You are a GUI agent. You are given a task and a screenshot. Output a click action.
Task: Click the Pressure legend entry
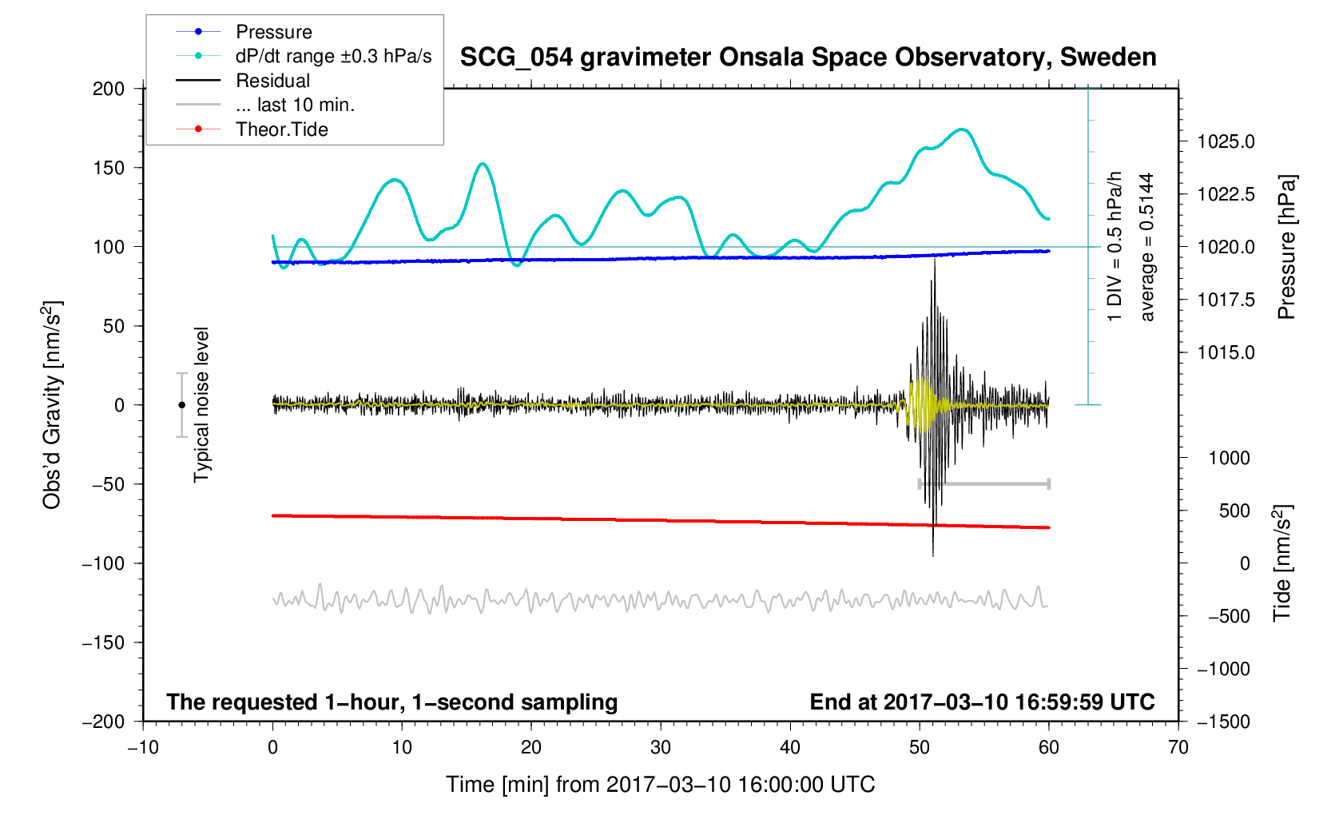pos(273,32)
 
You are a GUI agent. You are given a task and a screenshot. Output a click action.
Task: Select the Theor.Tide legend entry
pos(281,129)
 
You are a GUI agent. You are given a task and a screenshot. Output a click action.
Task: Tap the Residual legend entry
pos(272,81)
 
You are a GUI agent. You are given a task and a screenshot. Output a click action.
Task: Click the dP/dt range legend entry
pos(333,56)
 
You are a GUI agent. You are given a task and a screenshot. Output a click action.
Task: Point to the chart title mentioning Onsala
pos(808,58)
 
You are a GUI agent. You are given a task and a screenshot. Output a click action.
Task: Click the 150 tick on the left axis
pos(109,168)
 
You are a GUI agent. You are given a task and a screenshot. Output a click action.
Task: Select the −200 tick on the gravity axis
pos(104,722)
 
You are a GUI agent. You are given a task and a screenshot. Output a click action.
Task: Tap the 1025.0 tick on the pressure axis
pos(1226,142)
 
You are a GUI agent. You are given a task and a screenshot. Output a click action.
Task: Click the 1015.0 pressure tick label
pos(1226,352)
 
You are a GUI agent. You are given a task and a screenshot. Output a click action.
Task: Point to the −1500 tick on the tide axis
pos(1223,722)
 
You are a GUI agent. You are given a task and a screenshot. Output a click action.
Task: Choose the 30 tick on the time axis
pos(661,747)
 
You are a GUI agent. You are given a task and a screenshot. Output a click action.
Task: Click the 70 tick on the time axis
pos(1178,747)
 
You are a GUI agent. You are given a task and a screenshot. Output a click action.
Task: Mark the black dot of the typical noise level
pos(181,405)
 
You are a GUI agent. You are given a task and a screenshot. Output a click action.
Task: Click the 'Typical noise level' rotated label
pos(201,405)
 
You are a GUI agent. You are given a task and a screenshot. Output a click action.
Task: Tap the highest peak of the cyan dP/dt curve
pos(962,129)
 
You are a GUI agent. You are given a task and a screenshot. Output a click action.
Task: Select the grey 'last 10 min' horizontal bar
pos(983,483)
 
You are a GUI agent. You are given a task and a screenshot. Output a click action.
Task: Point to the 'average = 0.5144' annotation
pos(1147,248)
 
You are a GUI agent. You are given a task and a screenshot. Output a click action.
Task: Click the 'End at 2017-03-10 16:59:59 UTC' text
pos(982,702)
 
